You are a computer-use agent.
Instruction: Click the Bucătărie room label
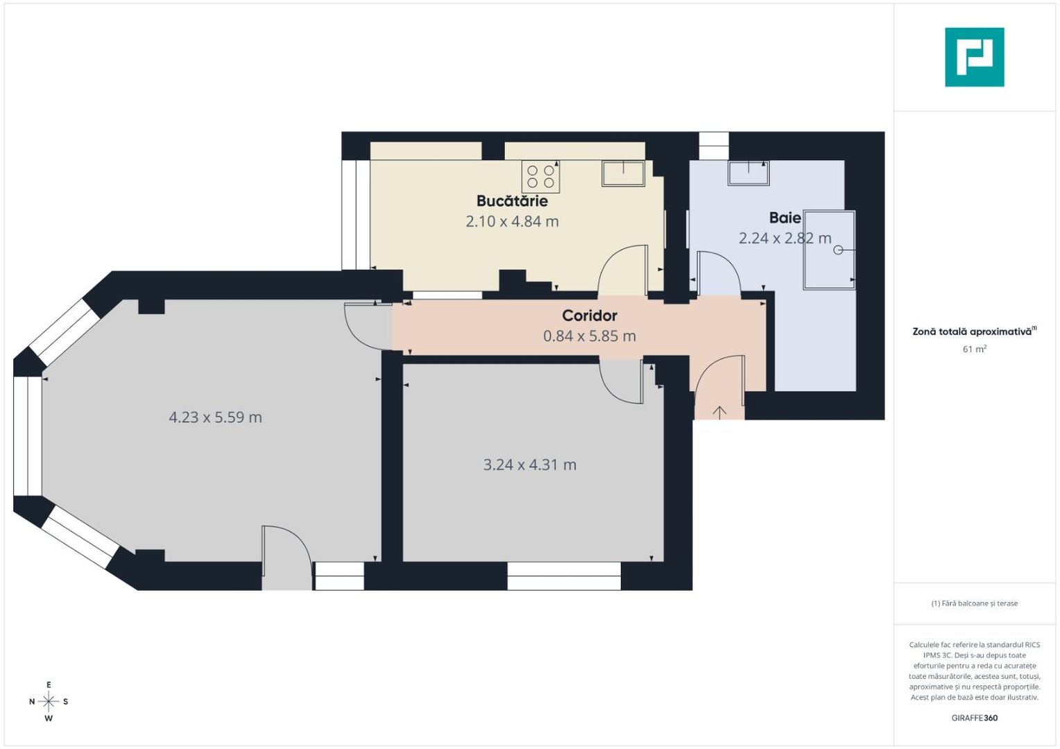tap(512, 201)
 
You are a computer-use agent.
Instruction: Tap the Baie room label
tap(785, 218)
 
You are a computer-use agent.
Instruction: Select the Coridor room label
tap(590, 316)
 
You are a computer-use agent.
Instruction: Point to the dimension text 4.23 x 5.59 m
tap(216, 417)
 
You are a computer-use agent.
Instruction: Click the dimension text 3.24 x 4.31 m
tap(530, 465)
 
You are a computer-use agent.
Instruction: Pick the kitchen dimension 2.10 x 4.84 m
tap(512, 222)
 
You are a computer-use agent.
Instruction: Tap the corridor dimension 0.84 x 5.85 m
tap(590, 336)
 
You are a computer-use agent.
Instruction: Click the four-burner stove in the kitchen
tap(540, 176)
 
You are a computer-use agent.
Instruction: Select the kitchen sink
tap(623, 173)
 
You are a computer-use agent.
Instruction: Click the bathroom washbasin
tap(748, 172)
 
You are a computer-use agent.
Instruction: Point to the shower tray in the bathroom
tap(829, 250)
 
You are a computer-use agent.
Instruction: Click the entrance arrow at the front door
tap(719, 412)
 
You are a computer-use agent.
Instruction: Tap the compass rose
tap(49, 702)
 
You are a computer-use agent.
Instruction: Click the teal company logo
tap(974, 57)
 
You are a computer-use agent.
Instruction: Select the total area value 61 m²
tap(974, 350)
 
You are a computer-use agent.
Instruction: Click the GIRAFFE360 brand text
tap(974, 718)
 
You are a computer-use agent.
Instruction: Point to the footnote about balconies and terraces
tap(974, 603)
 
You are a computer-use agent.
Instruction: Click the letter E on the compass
tap(49, 685)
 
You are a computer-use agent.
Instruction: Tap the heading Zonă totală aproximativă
tap(973, 332)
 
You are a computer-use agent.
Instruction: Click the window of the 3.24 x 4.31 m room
tap(563, 576)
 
